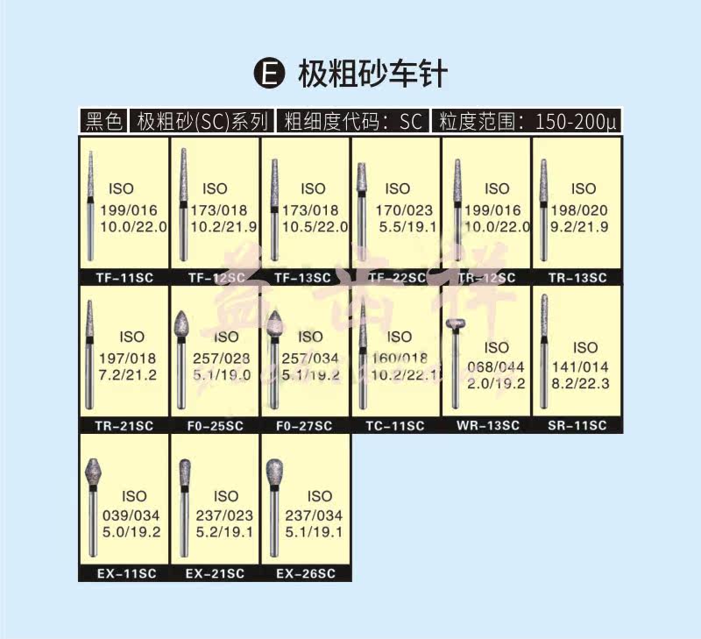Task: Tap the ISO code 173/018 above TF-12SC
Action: point(215,210)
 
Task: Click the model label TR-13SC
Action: point(577,278)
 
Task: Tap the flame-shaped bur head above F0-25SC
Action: point(183,325)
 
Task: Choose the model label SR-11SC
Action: point(577,426)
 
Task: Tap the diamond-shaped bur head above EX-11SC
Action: point(94,474)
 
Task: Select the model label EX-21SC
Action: point(215,574)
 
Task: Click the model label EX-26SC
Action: point(306,574)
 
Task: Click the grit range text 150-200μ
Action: point(575,121)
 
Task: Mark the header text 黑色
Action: point(103,121)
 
